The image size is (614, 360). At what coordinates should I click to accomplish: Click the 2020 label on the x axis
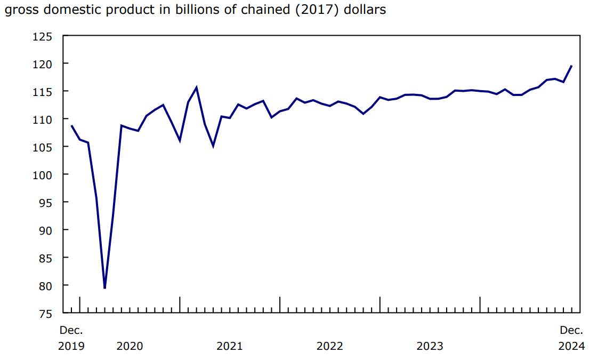(130, 346)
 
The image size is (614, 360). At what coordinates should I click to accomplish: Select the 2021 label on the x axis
(230, 346)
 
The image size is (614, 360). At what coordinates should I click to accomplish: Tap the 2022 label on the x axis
(330, 346)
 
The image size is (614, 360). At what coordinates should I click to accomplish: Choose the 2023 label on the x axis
(430, 346)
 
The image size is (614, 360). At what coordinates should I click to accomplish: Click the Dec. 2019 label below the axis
(71, 338)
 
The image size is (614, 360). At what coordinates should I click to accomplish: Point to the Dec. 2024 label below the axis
(571, 338)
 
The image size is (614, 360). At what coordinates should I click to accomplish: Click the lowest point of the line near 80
(104, 288)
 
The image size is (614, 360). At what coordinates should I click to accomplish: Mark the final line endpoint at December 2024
(571, 66)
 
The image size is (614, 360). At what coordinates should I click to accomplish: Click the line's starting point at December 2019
(71, 125)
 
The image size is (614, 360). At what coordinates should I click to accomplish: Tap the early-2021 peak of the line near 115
(197, 87)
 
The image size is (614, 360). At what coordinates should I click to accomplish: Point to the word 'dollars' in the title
(366, 10)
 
